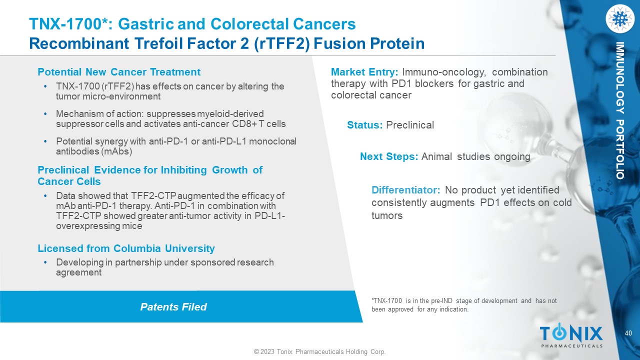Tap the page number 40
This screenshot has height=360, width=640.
628,333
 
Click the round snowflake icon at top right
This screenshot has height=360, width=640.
620,18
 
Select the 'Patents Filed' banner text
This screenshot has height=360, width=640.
173,307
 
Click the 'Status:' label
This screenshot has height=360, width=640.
365,125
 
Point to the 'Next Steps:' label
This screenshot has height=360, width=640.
389,156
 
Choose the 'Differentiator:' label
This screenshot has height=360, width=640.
405,190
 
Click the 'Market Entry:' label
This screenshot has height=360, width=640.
364,72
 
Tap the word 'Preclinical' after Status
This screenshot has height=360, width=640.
410,125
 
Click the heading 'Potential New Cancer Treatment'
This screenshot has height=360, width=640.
119,72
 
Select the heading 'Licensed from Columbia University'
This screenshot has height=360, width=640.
126,248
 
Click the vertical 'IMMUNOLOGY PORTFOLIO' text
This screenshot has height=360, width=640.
620,110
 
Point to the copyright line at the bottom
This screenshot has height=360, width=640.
319,351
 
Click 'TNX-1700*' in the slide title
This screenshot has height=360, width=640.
68,24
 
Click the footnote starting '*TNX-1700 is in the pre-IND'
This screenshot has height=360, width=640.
464,305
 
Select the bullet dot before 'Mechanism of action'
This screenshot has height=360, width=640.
45,114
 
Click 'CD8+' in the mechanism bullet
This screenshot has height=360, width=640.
244,124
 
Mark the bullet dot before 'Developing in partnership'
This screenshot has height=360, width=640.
45,262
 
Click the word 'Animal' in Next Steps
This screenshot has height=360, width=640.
436,156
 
